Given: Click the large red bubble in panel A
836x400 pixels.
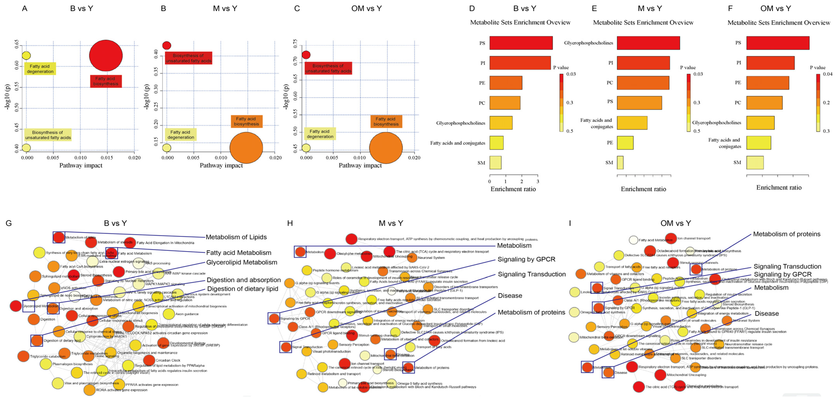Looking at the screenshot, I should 106,56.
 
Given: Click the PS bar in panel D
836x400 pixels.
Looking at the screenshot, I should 521,43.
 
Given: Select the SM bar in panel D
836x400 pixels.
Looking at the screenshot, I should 495,162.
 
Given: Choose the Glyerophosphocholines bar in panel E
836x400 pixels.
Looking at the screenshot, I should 648,43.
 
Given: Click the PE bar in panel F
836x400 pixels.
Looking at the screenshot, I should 767,82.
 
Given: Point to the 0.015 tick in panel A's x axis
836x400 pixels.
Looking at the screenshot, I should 107,158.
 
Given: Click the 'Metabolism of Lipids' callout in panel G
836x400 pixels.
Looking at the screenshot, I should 236,237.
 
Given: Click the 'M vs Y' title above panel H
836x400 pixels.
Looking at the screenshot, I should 391,223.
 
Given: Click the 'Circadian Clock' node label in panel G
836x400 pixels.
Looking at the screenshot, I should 168,360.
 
